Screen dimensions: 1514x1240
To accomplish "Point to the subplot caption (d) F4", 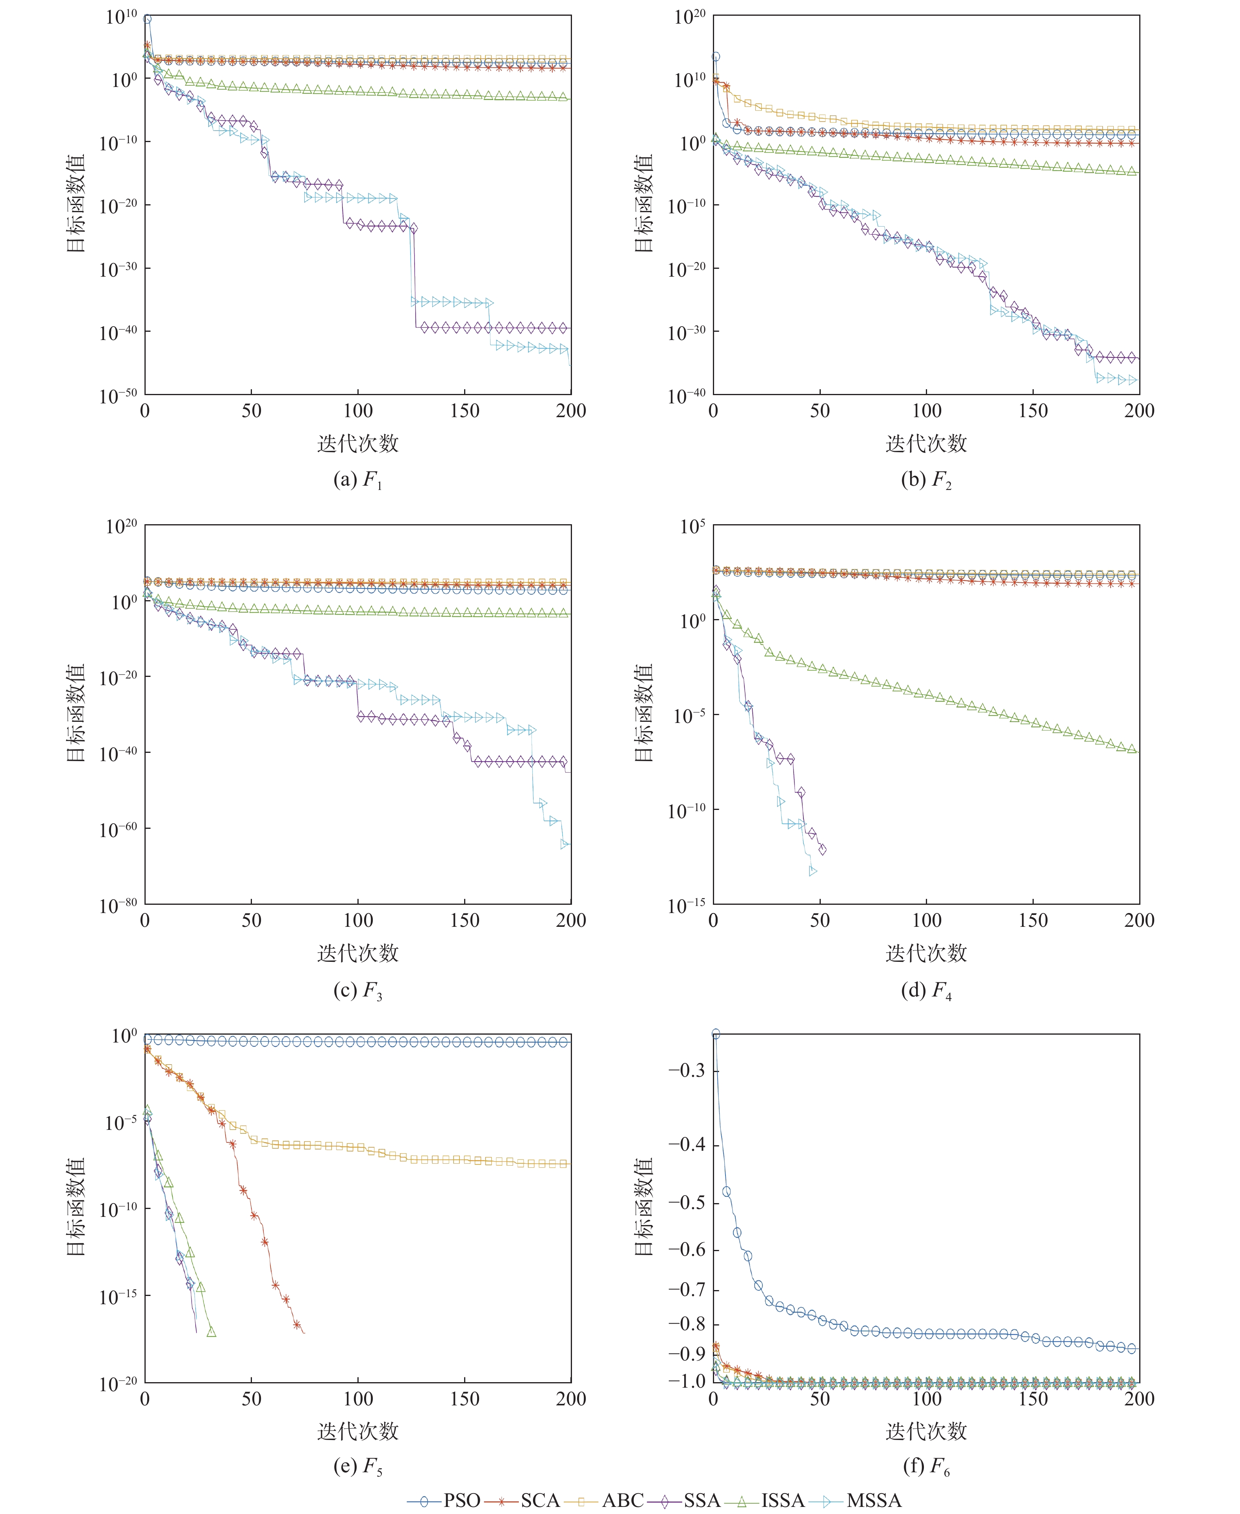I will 926,990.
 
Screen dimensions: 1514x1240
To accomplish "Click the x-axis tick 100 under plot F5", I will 358,1398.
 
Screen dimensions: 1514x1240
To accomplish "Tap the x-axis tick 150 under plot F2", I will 1033,410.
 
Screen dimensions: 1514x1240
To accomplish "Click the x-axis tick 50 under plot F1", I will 252,410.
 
